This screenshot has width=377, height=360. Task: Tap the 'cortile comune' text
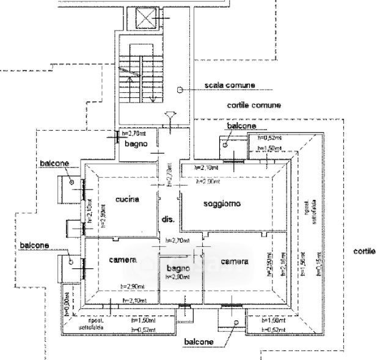tap(254, 105)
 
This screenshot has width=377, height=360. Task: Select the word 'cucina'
tap(128, 199)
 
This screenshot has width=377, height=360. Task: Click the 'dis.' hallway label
tap(169, 219)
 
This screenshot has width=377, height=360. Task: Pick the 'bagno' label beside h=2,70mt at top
tap(134, 145)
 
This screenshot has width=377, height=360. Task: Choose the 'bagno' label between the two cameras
tap(174, 268)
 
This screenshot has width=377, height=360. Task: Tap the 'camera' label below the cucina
tap(122, 261)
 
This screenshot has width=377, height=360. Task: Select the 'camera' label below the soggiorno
tap(234, 262)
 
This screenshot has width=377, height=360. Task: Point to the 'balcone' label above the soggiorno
tap(241, 126)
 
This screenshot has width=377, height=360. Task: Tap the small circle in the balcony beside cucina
tap(72, 183)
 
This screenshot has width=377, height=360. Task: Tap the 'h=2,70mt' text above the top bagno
tap(133, 133)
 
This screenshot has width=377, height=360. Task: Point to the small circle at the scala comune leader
tap(180, 89)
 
